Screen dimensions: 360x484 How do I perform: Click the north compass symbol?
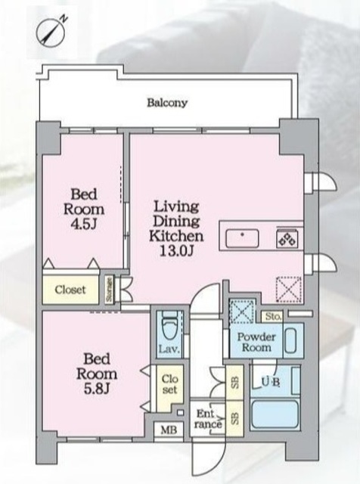(51, 32)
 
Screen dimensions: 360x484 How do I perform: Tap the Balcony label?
(167, 103)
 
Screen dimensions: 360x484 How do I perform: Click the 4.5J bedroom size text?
(84, 225)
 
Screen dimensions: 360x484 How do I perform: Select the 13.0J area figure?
(177, 251)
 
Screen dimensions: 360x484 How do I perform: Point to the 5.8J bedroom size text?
(97, 389)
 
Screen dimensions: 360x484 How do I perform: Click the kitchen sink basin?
(242, 238)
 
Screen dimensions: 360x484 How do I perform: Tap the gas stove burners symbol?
(287, 239)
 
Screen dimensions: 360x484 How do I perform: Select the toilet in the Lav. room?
(169, 327)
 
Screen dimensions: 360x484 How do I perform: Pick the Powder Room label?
(256, 342)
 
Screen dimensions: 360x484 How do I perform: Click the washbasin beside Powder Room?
(290, 340)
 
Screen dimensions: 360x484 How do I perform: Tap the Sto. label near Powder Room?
(273, 316)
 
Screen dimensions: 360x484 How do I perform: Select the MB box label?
(169, 430)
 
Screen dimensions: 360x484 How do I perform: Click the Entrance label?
(207, 419)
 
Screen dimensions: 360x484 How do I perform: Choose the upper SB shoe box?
(235, 383)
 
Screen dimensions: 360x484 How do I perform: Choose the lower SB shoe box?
(235, 418)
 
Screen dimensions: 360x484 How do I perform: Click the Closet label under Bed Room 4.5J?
(70, 290)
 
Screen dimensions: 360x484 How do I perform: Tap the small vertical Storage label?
(109, 289)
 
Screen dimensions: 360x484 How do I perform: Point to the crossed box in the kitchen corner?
(288, 289)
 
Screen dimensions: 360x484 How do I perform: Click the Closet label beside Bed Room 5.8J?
(169, 384)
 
